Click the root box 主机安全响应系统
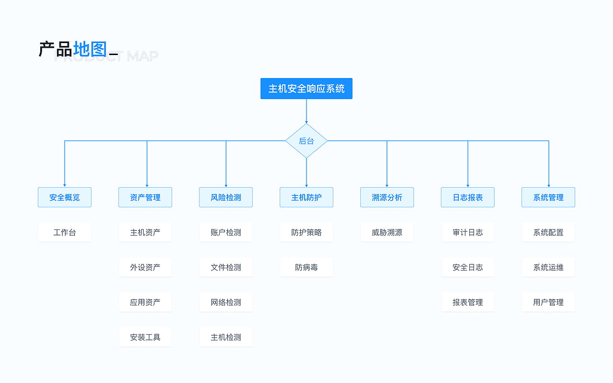[306, 89]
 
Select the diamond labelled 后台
[306, 141]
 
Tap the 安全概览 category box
[65, 197]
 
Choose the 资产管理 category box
[145, 197]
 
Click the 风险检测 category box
[226, 197]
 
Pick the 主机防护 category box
[306, 197]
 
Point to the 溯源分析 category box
[387, 197]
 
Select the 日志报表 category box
[468, 197]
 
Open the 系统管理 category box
[548, 197]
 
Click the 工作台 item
[65, 232]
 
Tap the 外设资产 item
[145, 267]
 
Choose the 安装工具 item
[145, 337]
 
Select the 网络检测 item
[226, 302]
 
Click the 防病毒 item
[306, 267]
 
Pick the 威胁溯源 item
[387, 232]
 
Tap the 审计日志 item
[468, 232]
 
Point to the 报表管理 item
[468, 302]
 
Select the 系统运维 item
[548, 267]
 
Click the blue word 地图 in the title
[90, 49]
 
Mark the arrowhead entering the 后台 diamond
[306, 122]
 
